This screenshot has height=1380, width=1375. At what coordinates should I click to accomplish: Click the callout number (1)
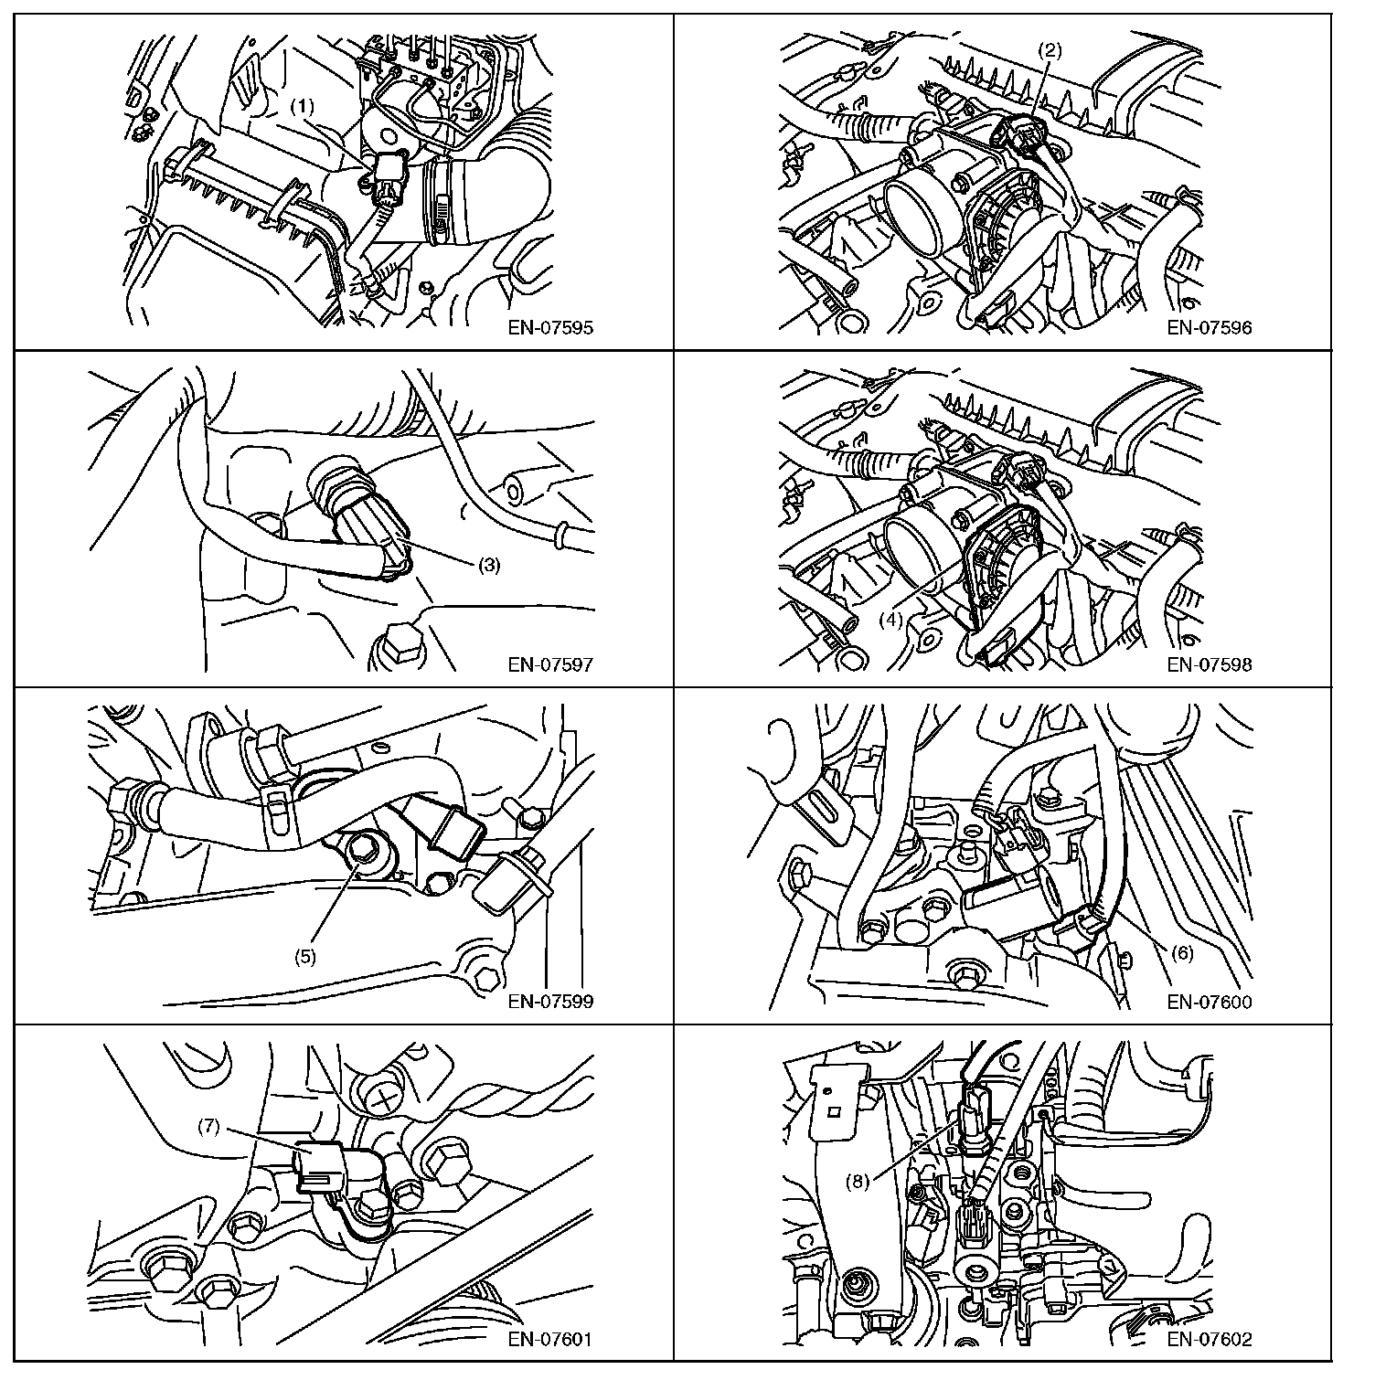coord(304,107)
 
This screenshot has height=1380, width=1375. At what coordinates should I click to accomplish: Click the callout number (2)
coord(1050,50)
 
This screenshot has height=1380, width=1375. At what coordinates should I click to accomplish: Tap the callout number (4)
coord(890,619)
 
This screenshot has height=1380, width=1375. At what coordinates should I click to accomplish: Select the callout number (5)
coord(304,957)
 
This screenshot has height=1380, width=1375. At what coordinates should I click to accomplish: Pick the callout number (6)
coord(1182,953)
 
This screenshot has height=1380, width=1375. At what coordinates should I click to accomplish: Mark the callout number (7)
coord(210,1127)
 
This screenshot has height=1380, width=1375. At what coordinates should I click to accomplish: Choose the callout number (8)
coord(857,1180)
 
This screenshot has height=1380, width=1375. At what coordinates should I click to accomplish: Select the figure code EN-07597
coord(550,664)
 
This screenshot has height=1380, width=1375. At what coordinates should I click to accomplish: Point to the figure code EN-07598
coord(1210,664)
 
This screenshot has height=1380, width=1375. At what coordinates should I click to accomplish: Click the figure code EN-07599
coord(550,1001)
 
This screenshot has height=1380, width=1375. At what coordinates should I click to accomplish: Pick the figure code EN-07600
coord(1210,1001)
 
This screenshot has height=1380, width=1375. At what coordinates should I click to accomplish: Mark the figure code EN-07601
coord(550,1340)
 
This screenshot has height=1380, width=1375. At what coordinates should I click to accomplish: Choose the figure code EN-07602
coord(1210,1340)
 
